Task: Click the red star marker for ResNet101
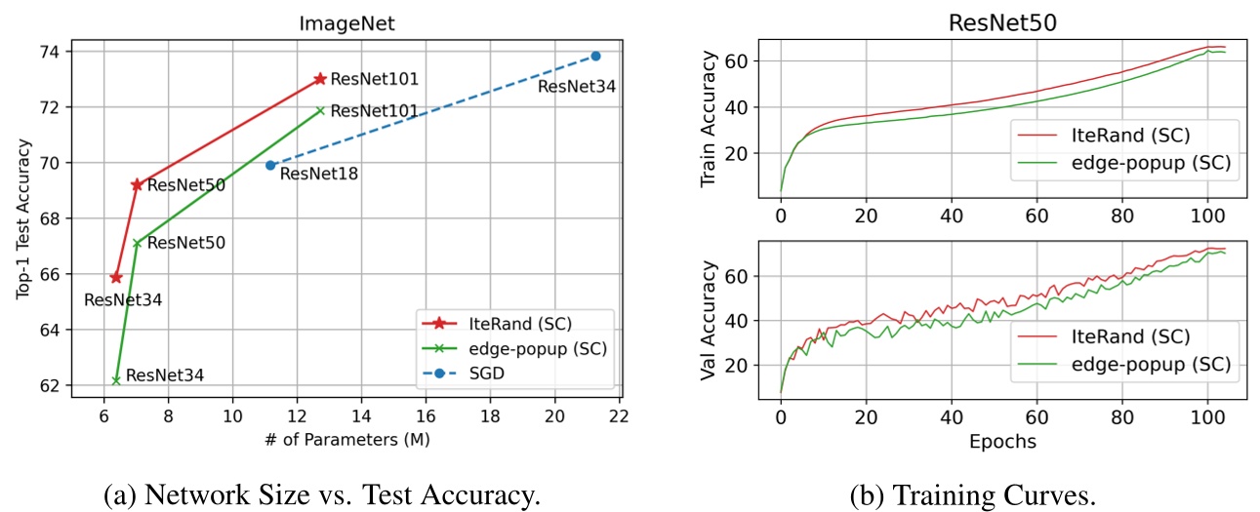click(319, 79)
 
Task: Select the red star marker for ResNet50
click(137, 184)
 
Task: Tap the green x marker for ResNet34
click(116, 380)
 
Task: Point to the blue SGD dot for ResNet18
click(270, 165)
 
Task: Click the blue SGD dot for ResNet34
click(595, 56)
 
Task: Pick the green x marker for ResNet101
click(319, 110)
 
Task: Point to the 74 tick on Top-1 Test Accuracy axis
click(50, 51)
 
